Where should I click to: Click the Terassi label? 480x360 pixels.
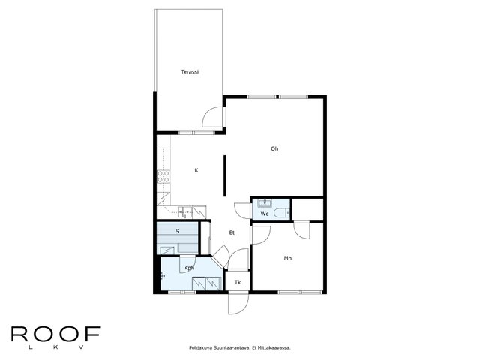tap(190, 72)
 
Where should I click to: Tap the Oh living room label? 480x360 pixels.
tap(274, 148)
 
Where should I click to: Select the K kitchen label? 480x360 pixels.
tap(196, 170)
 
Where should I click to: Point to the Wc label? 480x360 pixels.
tap(265, 214)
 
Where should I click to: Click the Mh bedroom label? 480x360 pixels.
tap(288, 258)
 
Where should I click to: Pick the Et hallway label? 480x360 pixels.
tap(232, 232)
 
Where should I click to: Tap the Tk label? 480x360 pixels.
tap(238, 282)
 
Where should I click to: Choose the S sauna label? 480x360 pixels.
tap(177, 231)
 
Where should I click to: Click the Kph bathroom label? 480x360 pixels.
tap(189, 268)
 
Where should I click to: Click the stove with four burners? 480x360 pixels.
tap(163, 177)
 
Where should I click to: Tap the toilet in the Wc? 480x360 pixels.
tap(281, 213)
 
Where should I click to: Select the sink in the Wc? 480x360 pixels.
tap(265, 203)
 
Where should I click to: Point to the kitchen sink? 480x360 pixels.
tap(185, 211)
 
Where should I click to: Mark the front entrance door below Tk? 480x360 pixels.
tap(238, 304)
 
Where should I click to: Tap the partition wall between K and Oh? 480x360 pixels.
tap(225, 175)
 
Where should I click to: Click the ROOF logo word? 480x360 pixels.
tap(55, 334)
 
